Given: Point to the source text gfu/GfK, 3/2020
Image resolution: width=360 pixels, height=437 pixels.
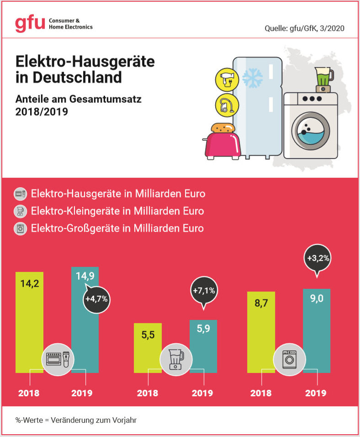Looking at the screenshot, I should click(x=304, y=28).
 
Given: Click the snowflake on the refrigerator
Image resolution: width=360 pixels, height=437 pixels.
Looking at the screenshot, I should click(x=252, y=78).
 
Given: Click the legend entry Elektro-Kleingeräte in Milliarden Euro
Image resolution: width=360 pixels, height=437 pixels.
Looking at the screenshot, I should click(x=117, y=211).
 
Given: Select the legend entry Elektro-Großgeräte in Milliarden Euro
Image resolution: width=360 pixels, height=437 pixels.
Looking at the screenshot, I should click(x=117, y=228).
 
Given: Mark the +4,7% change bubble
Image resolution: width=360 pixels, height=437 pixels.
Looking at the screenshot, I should click(x=95, y=300).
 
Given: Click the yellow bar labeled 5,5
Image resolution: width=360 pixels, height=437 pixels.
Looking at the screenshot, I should click(x=147, y=347).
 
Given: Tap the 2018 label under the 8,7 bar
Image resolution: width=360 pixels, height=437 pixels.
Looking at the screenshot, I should click(x=261, y=393).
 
